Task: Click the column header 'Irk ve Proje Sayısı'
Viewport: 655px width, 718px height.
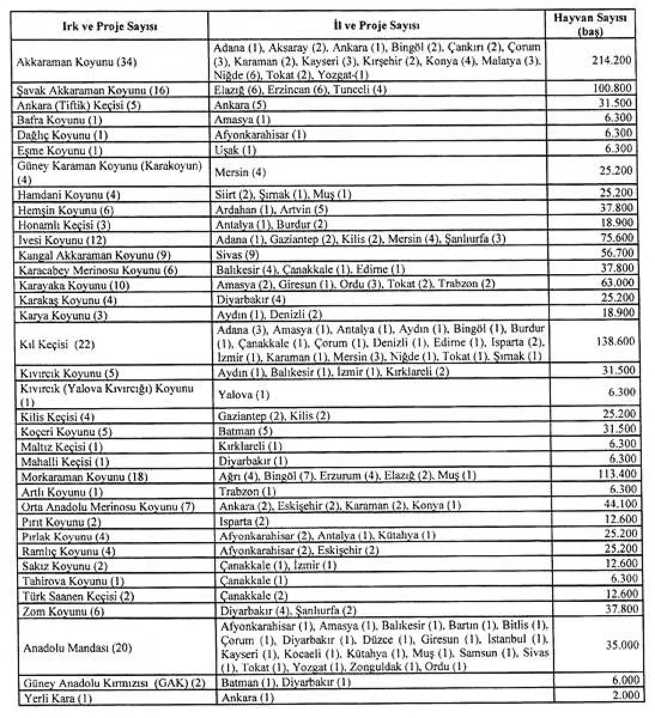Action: tap(110, 26)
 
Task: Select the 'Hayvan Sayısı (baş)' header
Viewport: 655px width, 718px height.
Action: tap(590, 25)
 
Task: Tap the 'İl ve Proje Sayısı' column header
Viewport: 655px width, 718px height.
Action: tap(376, 25)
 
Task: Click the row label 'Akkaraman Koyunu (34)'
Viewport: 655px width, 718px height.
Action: tap(77, 62)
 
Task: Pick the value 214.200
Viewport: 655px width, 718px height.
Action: tap(612, 60)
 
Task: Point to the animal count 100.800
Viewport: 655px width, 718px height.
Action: tap(612, 88)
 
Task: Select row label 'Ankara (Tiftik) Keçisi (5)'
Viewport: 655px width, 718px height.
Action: tap(79, 105)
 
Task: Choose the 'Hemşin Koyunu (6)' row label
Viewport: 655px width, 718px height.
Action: tap(66, 210)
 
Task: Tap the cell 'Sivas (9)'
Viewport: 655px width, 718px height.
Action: tap(237, 254)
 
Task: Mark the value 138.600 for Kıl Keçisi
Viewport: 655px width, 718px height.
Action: tap(615, 341)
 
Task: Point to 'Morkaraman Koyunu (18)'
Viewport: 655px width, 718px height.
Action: tap(84, 477)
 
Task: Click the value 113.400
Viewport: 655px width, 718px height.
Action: tap(617, 474)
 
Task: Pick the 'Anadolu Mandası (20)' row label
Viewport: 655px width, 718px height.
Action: tap(78, 648)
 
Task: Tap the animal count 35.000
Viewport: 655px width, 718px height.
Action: tap(622, 645)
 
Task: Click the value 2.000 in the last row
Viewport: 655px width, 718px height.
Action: tap(626, 694)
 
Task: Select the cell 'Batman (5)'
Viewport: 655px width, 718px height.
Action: tap(246, 431)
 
